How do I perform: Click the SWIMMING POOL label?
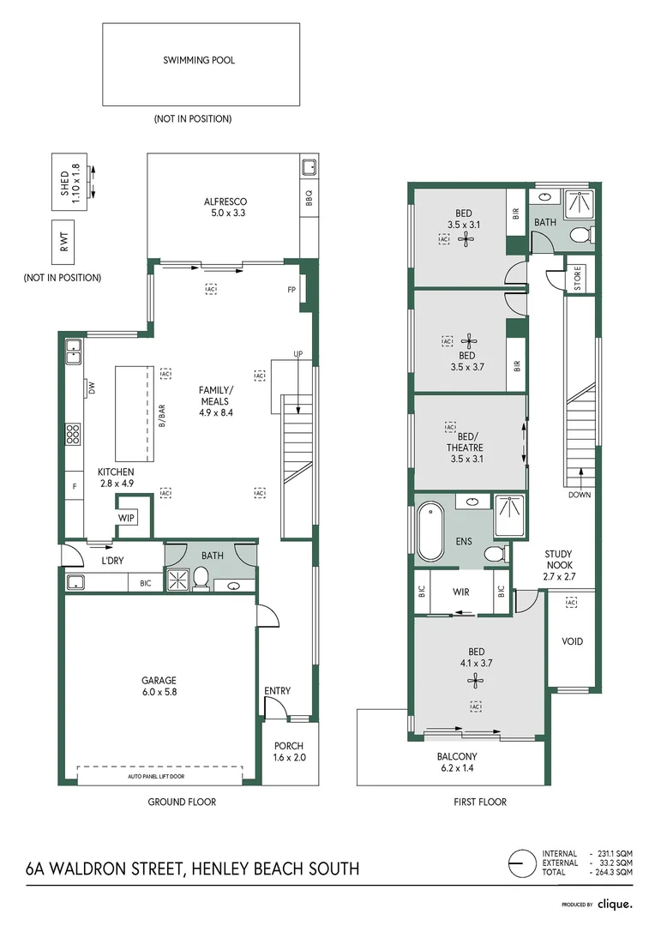pyautogui.click(x=199, y=60)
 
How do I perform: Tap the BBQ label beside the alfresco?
pyautogui.click(x=309, y=198)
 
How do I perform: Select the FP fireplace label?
pyautogui.click(x=291, y=290)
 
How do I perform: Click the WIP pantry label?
pyautogui.click(x=126, y=518)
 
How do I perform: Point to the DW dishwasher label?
pyautogui.click(x=92, y=388)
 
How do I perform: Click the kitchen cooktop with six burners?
pyautogui.click(x=73, y=434)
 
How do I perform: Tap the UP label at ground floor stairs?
pyautogui.click(x=298, y=354)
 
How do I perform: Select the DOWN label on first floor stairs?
pyautogui.click(x=580, y=495)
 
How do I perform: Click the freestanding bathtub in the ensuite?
pyautogui.click(x=430, y=532)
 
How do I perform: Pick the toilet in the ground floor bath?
pyautogui.click(x=201, y=578)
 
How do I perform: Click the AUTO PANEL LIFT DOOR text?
pyautogui.click(x=156, y=776)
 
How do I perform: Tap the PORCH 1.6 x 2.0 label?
pyautogui.click(x=290, y=752)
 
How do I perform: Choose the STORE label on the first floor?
pyautogui.click(x=577, y=278)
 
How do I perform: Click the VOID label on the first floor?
pyautogui.click(x=573, y=641)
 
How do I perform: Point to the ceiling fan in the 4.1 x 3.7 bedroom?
pyautogui.click(x=476, y=681)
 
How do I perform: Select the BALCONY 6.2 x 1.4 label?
pyautogui.click(x=457, y=762)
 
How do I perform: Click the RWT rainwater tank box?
pyautogui.click(x=63, y=241)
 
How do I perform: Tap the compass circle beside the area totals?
pyautogui.click(x=521, y=863)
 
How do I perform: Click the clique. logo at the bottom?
pyautogui.click(x=615, y=904)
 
